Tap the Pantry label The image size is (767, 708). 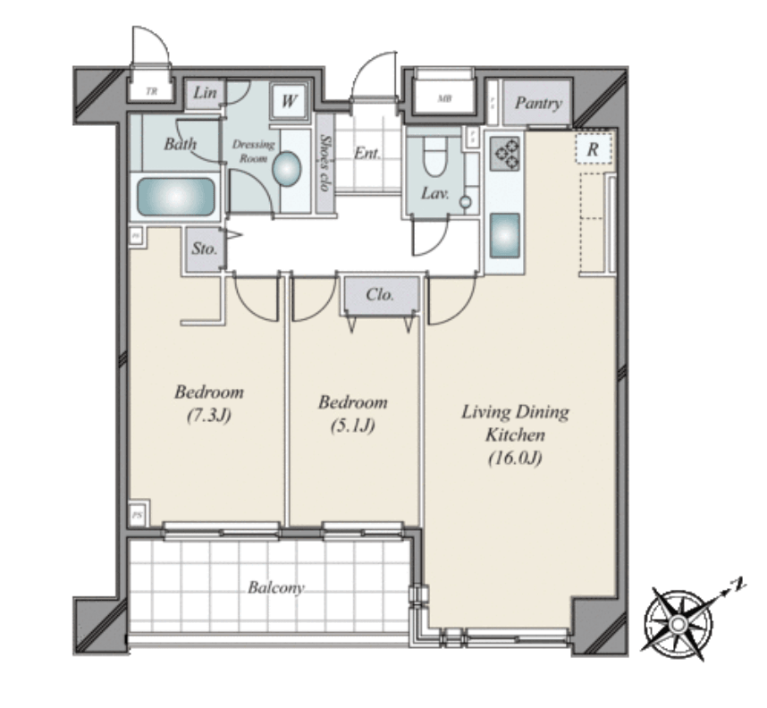pos(538,104)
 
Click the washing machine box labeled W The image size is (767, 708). pos(288,101)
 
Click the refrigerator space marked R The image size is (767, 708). pos(592,150)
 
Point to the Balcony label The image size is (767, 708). pos(275,588)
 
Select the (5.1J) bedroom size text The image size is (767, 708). pos(352,426)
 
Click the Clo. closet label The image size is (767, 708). pos(381,294)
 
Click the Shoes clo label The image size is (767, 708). pos(325,163)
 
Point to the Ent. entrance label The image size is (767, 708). pos(367,153)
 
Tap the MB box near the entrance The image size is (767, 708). pos(443,98)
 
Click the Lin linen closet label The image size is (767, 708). pos(205,94)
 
